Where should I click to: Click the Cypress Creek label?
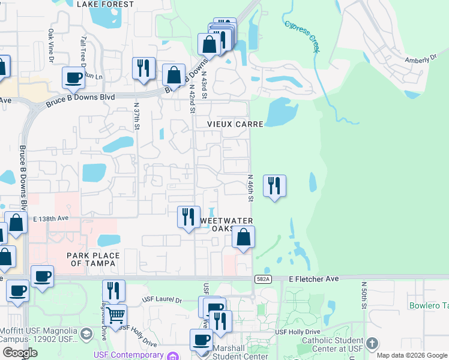(303, 38)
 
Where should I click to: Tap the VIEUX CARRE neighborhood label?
(235, 124)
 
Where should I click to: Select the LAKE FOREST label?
(106, 4)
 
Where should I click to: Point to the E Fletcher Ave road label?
(314, 279)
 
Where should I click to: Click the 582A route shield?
(263, 279)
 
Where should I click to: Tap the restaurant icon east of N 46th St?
(274, 185)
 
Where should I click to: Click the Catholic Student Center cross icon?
(372, 343)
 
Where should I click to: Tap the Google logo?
(19, 353)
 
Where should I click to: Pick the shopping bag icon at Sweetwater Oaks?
(243, 236)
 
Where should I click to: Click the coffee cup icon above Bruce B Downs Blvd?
(73, 78)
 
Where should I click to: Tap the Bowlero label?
(429, 305)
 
